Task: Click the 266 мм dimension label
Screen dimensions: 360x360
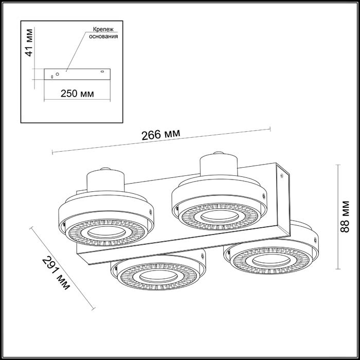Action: pyautogui.click(x=160, y=134)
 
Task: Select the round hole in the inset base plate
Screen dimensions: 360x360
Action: pyautogui.click(x=58, y=74)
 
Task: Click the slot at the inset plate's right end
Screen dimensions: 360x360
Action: pyautogui.click(x=102, y=71)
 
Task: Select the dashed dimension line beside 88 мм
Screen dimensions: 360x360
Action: pyautogui.click(x=338, y=216)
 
